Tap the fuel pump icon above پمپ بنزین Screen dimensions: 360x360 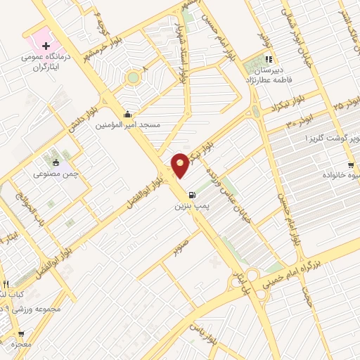coord(191,195)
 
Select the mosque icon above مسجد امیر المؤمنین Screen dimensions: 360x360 coord(127,115)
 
